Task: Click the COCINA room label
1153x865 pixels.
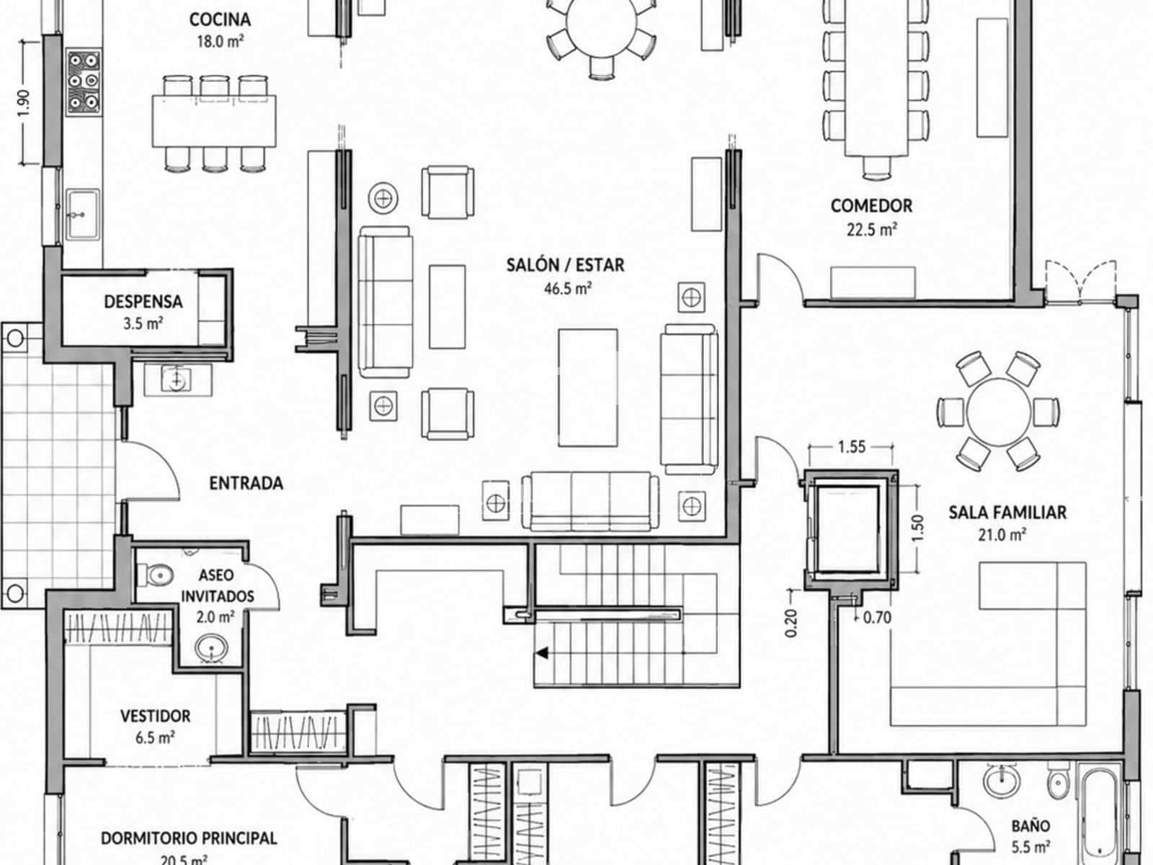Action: click(x=220, y=20)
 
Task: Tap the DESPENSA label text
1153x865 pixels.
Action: click(x=143, y=302)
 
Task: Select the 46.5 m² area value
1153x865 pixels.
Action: click(x=568, y=288)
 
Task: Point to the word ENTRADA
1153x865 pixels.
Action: click(x=246, y=483)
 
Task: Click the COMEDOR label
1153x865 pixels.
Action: click(x=871, y=206)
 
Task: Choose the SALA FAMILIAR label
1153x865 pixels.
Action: click(x=1007, y=513)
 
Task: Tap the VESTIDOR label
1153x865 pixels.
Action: click(x=156, y=717)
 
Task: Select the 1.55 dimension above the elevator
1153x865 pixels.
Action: click(x=852, y=447)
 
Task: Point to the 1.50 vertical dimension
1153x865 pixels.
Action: click(x=917, y=528)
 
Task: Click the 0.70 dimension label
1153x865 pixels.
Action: click(x=877, y=618)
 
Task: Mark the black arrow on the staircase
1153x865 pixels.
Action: click(x=542, y=653)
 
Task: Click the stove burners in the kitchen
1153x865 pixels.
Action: click(x=84, y=82)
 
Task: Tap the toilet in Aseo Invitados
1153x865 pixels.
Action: click(x=155, y=575)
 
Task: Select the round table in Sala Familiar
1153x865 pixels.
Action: click(x=999, y=411)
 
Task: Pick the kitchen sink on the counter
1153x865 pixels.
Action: click(x=82, y=214)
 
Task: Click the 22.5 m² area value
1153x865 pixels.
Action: click(x=871, y=230)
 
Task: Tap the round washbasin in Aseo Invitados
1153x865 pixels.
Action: click(x=211, y=647)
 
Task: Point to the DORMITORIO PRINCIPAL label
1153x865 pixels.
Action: click(x=189, y=839)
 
